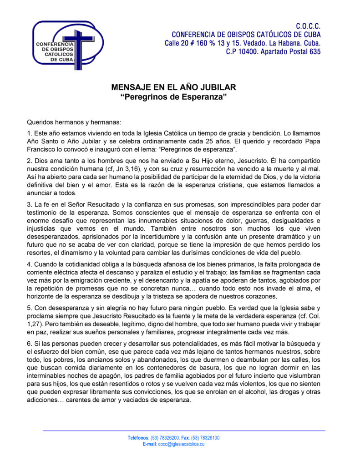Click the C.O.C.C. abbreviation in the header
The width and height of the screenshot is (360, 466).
click(308, 26)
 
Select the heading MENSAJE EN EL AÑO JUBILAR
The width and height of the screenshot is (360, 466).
click(174, 87)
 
